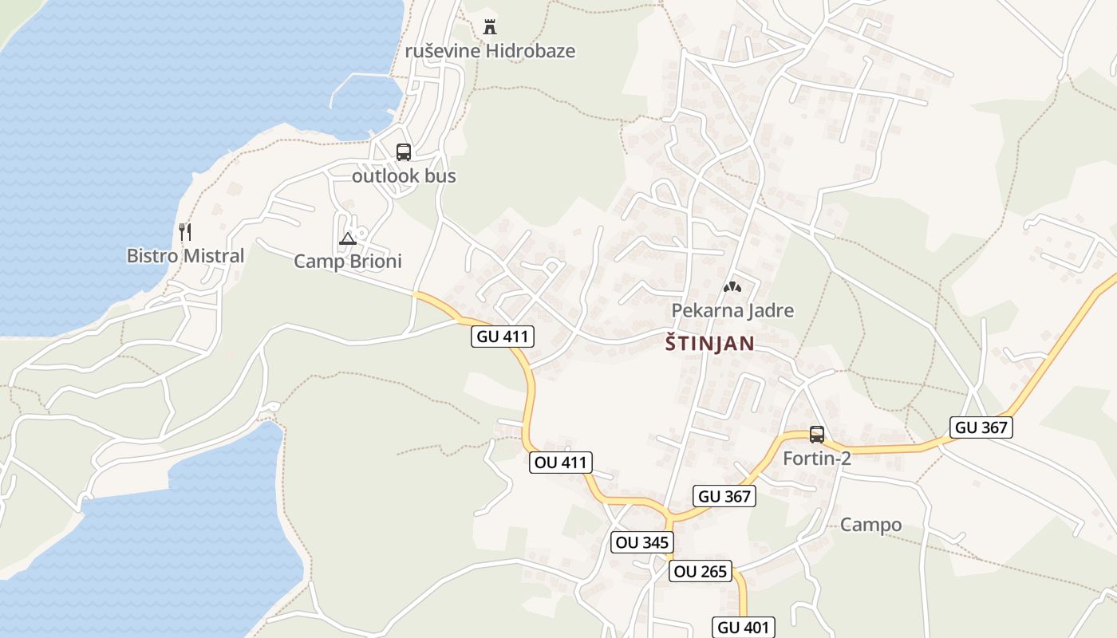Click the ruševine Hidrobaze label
tap(490, 51)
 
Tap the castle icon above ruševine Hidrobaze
tap(490, 27)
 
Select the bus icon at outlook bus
tap(404, 152)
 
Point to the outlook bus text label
tap(404, 176)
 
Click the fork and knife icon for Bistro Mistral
tap(185, 232)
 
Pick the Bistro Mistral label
tap(185, 256)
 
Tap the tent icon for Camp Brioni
tap(348, 238)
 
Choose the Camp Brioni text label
tap(348, 262)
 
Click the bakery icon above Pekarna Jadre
tap(732, 286)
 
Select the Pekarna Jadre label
tap(732, 310)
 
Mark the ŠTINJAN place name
tap(709, 344)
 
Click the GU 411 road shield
tap(503, 337)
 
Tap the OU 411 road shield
tap(561, 462)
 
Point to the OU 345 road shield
tap(642, 543)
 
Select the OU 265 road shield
tap(701, 571)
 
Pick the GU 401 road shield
tap(744, 627)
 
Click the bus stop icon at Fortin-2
tap(817, 435)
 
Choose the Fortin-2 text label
tap(817, 459)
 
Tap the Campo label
tap(870, 525)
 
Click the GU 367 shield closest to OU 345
tap(724, 496)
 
